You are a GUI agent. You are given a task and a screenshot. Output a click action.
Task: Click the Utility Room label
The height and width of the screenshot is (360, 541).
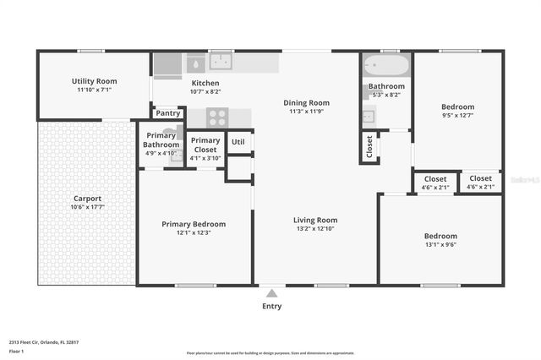coord(94,81)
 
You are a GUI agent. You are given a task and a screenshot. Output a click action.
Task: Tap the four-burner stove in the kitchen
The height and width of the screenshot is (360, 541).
coord(217,117)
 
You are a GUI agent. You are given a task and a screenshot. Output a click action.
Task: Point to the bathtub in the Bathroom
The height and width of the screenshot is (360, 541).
coord(386,65)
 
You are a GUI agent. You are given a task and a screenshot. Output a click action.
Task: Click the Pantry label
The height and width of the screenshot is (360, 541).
coord(167,113)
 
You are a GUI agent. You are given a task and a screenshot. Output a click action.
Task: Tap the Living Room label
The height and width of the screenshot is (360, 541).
coord(314,220)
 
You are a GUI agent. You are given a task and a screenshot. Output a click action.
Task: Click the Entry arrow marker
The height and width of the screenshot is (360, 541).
coord(271,292)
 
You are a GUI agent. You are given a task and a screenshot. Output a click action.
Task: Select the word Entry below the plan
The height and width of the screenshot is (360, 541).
coord(271,306)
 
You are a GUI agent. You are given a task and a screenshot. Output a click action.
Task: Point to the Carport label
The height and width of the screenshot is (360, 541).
coord(86,199)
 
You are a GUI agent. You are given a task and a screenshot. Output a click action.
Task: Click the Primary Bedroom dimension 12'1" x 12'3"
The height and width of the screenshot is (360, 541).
coord(194,232)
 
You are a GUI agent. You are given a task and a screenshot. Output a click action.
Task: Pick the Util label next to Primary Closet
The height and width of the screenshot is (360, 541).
coord(238,141)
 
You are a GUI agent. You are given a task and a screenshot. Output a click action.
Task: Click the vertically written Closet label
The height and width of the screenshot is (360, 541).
coord(369,146)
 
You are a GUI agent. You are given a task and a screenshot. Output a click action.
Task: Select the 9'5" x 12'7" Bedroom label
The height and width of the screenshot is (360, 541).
coord(457,107)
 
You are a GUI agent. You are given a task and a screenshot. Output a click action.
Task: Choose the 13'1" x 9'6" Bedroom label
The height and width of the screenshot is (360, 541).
coord(440,236)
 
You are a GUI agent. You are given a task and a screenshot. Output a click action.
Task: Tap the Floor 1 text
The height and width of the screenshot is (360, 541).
coord(17,350)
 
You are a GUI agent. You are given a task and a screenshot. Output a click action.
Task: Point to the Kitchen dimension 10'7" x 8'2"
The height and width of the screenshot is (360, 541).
coord(205,91)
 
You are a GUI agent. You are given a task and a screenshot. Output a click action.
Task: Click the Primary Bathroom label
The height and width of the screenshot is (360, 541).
coord(161,139)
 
